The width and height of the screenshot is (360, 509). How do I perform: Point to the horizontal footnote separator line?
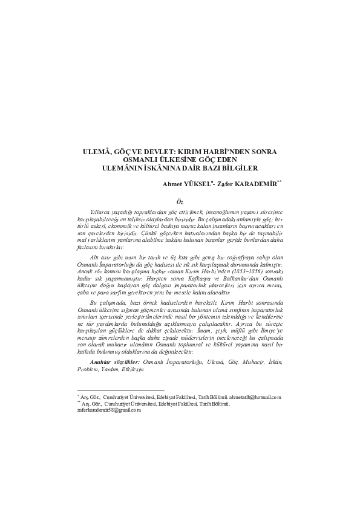click(x=121, y=390)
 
